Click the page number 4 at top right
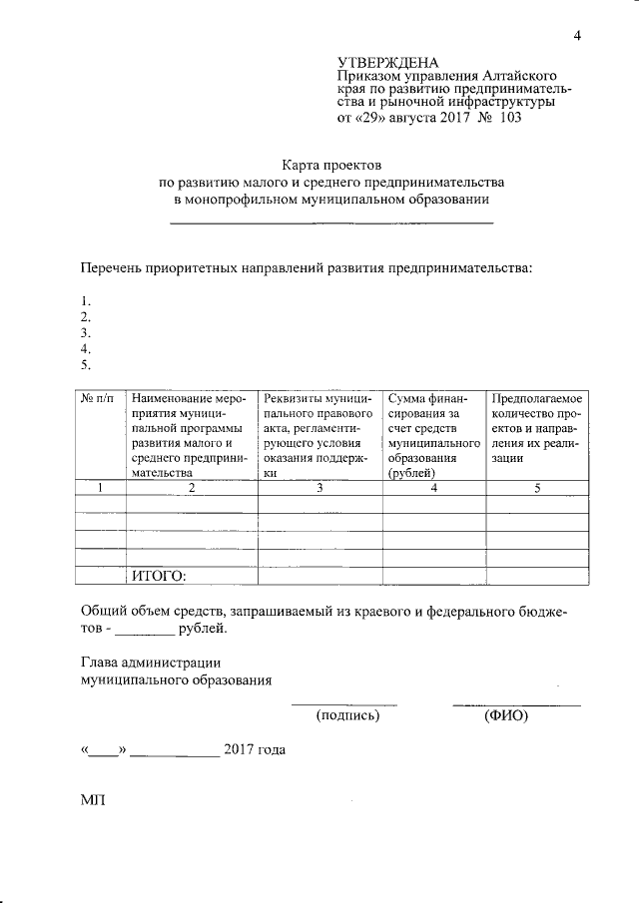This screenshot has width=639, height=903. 576,37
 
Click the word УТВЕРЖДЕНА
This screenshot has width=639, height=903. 388,61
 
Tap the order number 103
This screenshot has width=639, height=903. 509,118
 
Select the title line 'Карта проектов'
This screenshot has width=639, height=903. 331,165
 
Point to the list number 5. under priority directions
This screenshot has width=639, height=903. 86,365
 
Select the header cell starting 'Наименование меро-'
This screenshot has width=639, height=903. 189,435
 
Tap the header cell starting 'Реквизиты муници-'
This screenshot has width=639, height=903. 319,435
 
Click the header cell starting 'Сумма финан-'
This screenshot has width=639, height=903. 432,435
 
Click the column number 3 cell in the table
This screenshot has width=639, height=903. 319,488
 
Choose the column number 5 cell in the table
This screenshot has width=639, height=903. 537,488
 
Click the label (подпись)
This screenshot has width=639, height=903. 347,715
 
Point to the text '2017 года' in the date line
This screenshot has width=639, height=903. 255,749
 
